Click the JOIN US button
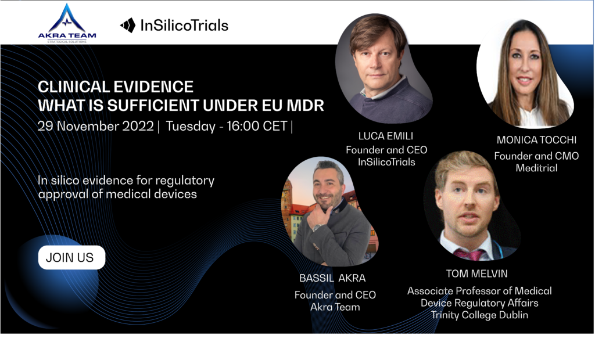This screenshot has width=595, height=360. [71, 258]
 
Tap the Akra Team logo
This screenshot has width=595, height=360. [67, 24]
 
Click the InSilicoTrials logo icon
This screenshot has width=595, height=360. [128, 26]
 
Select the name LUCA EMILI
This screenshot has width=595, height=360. [386, 136]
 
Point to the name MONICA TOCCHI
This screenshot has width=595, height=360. [536, 140]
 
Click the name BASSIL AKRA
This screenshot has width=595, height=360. [332, 278]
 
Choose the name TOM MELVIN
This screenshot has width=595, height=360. [476, 273]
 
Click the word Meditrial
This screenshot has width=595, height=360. [536, 168]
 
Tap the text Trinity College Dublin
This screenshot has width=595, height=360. [479, 315]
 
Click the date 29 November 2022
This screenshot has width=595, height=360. [96, 126]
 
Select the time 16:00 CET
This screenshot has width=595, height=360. [257, 126]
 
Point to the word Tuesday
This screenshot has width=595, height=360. [191, 127]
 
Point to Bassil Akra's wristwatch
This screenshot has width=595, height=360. [317, 228]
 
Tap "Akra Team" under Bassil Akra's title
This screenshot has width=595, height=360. [335, 307]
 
